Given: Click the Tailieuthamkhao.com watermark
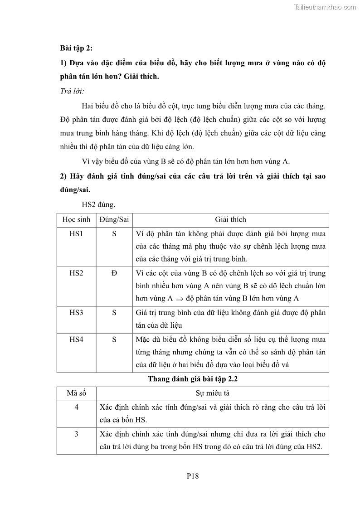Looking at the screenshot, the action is tap(325, 7).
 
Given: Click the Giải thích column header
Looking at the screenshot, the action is tap(231, 219).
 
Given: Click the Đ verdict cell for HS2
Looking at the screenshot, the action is tap(114, 273).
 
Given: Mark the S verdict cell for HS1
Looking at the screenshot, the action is tap(114, 234).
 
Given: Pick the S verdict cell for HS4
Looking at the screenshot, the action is tap(114, 339).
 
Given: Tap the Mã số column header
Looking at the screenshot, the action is tap(76, 393).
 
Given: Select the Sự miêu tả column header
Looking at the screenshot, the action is tap(212, 393).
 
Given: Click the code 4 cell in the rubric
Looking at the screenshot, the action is tap(76, 407).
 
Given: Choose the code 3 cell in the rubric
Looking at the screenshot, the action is tap(76, 434).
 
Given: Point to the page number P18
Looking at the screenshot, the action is tap(193, 476).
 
